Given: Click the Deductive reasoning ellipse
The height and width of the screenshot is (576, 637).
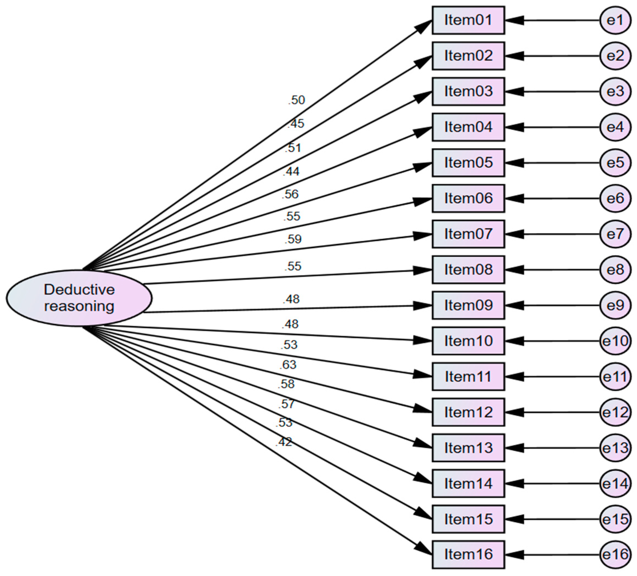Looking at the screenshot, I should [79, 298].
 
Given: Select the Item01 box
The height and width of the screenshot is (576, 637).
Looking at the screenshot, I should [468, 20].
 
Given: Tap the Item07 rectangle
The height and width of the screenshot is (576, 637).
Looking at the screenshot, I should [468, 234].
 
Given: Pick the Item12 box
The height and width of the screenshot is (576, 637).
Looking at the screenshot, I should [468, 412].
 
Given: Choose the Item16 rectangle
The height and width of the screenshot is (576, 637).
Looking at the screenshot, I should [468, 555].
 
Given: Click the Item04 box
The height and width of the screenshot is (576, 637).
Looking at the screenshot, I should [468, 127].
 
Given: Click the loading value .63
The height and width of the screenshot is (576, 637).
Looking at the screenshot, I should [288, 365].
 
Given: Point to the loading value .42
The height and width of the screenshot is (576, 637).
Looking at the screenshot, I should [283, 442].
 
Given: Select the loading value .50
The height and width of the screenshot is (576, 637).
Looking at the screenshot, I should [296, 100].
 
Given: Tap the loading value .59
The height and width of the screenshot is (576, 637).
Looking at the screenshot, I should [293, 239].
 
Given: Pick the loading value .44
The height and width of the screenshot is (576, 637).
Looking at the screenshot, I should [291, 172].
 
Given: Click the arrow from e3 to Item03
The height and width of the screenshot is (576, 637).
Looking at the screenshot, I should [556, 92].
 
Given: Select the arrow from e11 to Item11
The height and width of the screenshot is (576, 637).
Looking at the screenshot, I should [556, 377].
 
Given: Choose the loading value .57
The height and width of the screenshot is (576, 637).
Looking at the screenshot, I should [286, 404].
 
